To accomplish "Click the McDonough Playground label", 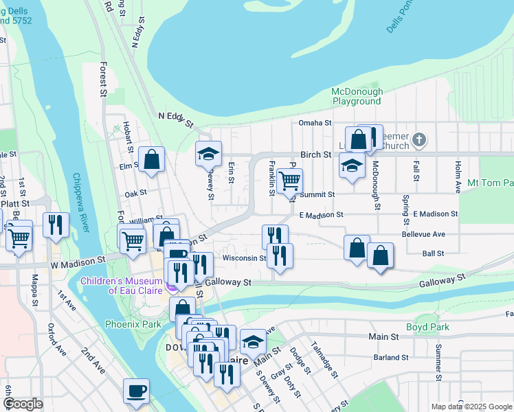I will pyautogui.click(x=356, y=96).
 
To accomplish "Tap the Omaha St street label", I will pyautogui.click(x=315, y=124).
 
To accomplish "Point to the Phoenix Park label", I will pyautogui.click(x=133, y=324).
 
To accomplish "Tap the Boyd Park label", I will pyautogui.click(x=427, y=328).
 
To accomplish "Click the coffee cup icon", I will pyautogui.click(x=135, y=391).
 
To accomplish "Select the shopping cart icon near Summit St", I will pyautogui.click(x=290, y=181).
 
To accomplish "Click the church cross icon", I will pyautogui.click(x=421, y=141).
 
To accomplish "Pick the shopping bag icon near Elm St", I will pyautogui.click(x=151, y=160).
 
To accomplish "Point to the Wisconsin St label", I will pyautogui.click(x=245, y=258).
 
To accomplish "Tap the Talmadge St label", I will pyautogui.click(x=323, y=360).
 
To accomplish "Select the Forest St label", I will pyautogui.click(x=104, y=78).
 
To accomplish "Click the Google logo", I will pyautogui.click(x=22, y=404).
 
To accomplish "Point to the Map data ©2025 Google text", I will pyautogui.click(x=470, y=407).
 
